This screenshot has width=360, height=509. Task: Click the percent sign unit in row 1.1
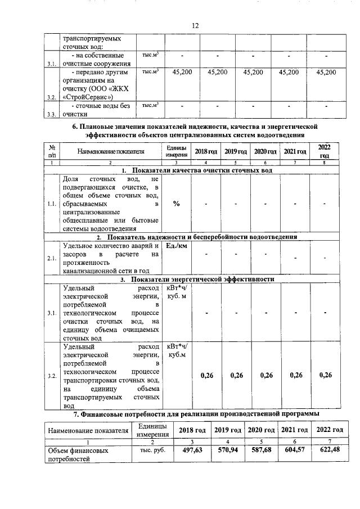pos(176,204)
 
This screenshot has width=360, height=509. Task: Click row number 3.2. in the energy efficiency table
pos(51,375)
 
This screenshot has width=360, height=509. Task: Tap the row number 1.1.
pos(51,204)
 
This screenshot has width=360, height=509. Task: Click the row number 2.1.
pos(51,258)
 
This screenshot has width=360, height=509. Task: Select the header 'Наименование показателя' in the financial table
pos(88,430)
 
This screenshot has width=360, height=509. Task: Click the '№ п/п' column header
pos(51,151)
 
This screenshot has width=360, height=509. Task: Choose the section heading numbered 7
pos(197,413)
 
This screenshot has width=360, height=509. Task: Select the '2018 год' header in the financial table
pos(188,430)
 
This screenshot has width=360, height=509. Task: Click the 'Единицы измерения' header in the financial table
pos(152,430)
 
